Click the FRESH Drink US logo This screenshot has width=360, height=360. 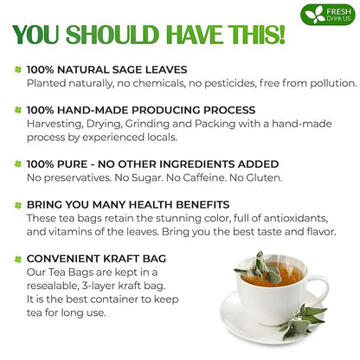[327, 16]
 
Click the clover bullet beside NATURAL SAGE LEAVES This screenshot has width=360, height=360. [16, 68]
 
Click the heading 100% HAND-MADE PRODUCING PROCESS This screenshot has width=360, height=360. [140, 110]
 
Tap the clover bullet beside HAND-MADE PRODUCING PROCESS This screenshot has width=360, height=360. [16, 110]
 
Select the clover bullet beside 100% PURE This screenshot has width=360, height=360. [16, 164]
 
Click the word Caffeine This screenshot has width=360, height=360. [237, 178]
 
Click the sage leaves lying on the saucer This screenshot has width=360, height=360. [307, 318]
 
